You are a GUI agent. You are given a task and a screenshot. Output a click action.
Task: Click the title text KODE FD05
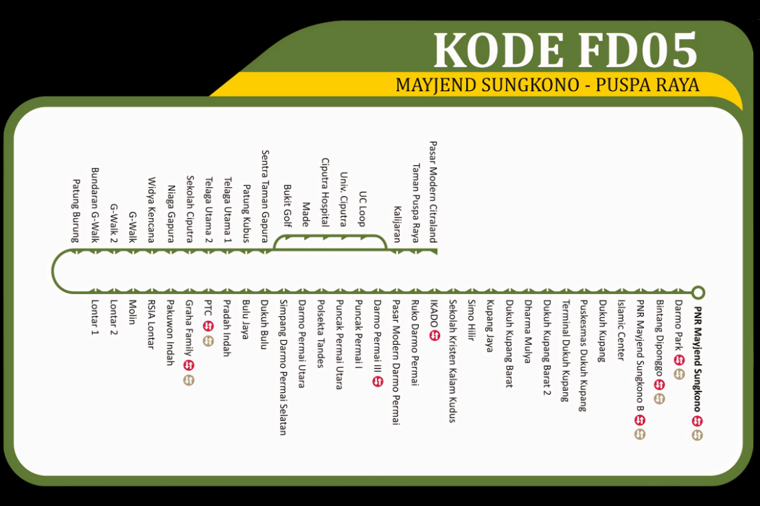[565, 50]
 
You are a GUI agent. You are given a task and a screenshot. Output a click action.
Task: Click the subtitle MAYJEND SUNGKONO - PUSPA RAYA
[547, 85]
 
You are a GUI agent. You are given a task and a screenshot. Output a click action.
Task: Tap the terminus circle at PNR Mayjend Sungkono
[698, 293]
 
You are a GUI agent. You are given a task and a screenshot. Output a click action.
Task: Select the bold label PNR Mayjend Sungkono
[698, 357]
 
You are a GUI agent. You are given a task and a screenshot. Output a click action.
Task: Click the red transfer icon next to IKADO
[433, 335]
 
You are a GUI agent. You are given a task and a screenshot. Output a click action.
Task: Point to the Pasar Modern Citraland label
[433, 193]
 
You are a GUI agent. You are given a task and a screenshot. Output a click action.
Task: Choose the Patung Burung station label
[76, 210]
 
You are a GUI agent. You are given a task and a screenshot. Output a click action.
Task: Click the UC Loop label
[362, 208]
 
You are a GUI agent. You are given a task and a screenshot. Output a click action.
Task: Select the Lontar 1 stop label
[95, 317]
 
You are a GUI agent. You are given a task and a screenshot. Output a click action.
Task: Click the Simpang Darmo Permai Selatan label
[282, 368]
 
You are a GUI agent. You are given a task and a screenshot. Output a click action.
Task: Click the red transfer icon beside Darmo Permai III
[377, 381]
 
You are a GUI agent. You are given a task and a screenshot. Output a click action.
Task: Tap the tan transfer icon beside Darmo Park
[679, 374]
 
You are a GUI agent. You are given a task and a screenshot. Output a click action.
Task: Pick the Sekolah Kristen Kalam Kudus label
[452, 361]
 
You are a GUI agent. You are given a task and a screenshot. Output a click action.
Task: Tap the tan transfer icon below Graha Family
[189, 380]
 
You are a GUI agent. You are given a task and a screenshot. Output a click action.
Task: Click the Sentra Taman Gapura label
[264, 197]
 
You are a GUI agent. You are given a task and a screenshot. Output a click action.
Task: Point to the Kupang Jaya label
[490, 326]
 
